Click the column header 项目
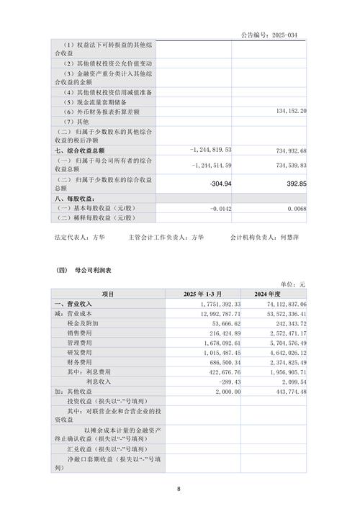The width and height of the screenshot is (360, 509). (x=107, y=294)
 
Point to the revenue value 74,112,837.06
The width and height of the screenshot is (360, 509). (x=278, y=305)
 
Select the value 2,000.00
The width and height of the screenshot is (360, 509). (x=216, y=391)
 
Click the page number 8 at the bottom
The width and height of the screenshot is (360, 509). (x=179, y=489)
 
